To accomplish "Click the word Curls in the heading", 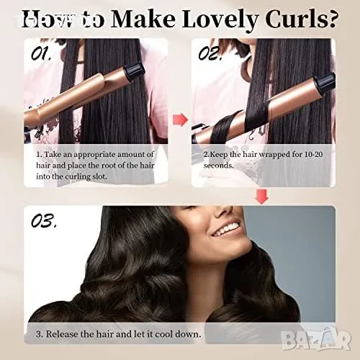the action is point(301,19).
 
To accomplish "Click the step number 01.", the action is point(41,53).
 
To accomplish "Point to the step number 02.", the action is point(210,53).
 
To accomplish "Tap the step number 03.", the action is point(44,221).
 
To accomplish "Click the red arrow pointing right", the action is point(180,120).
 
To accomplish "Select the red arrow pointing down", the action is point(262,197).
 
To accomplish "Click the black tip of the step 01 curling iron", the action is point(135,72).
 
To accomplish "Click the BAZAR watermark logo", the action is point(316,338).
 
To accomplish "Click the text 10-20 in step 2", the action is point(313,154).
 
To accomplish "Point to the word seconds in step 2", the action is point(218,166).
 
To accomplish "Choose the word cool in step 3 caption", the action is point(164,334).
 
